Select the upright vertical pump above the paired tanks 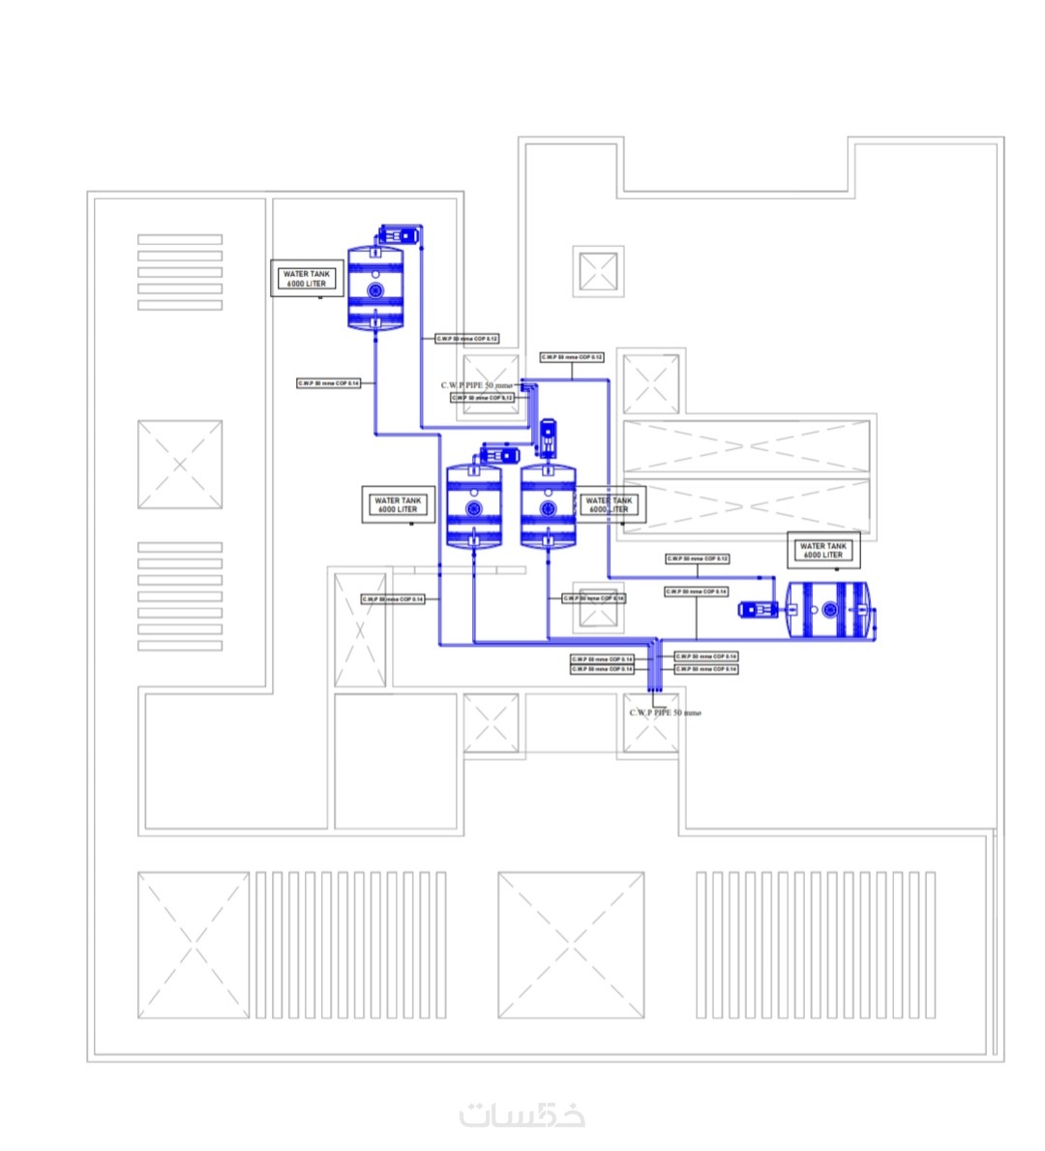(x=548, y=438)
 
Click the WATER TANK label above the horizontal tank (x=822, y=551)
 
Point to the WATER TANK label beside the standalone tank (x=306, y=279)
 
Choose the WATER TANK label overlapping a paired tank (x=609, y=504)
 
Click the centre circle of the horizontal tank (x=829, y=610)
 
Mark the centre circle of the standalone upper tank (x=374, y=289)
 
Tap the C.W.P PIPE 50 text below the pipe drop (x=665, y=713)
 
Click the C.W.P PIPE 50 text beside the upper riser (x=477, y=385)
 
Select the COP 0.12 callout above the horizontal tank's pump (x=697, y=560)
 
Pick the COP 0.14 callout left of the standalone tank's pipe (x=328, y=384)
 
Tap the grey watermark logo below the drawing (x=522, y=1115)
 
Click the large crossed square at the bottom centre (x=571, y=945)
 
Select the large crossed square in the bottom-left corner (x=194, y=945)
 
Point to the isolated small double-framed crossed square (x=597, y=271)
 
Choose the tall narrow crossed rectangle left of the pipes (x=360, y=630)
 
